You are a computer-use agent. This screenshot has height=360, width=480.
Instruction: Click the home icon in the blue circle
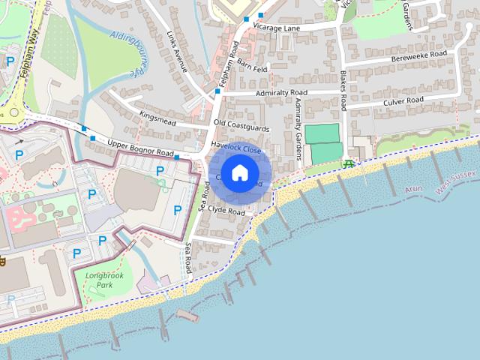(239, 172)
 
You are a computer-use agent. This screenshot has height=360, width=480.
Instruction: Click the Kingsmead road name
(157, 118)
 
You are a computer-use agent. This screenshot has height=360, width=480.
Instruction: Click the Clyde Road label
(226, 212)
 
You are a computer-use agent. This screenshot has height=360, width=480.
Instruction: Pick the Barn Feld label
(252, 68)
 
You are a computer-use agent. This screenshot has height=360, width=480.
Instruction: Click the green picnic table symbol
(348, 163)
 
